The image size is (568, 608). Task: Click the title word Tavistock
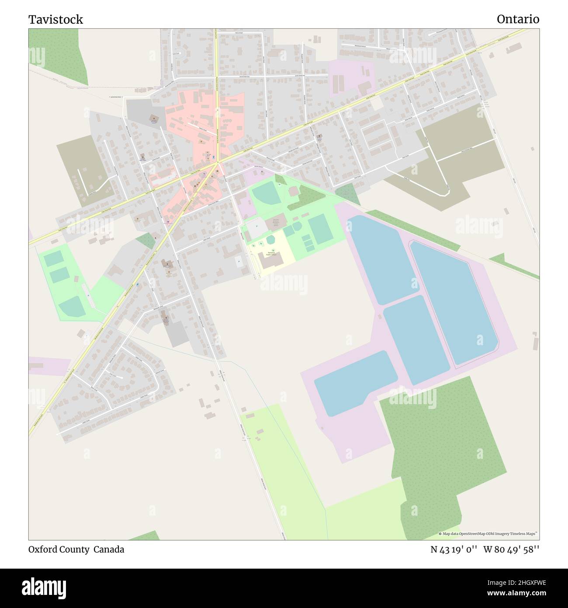55,19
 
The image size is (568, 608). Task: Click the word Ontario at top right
518,19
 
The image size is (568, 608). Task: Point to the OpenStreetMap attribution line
488,534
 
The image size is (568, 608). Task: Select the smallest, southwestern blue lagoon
355,383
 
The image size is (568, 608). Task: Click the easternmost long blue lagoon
452,302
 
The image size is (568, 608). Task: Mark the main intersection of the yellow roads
217,163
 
